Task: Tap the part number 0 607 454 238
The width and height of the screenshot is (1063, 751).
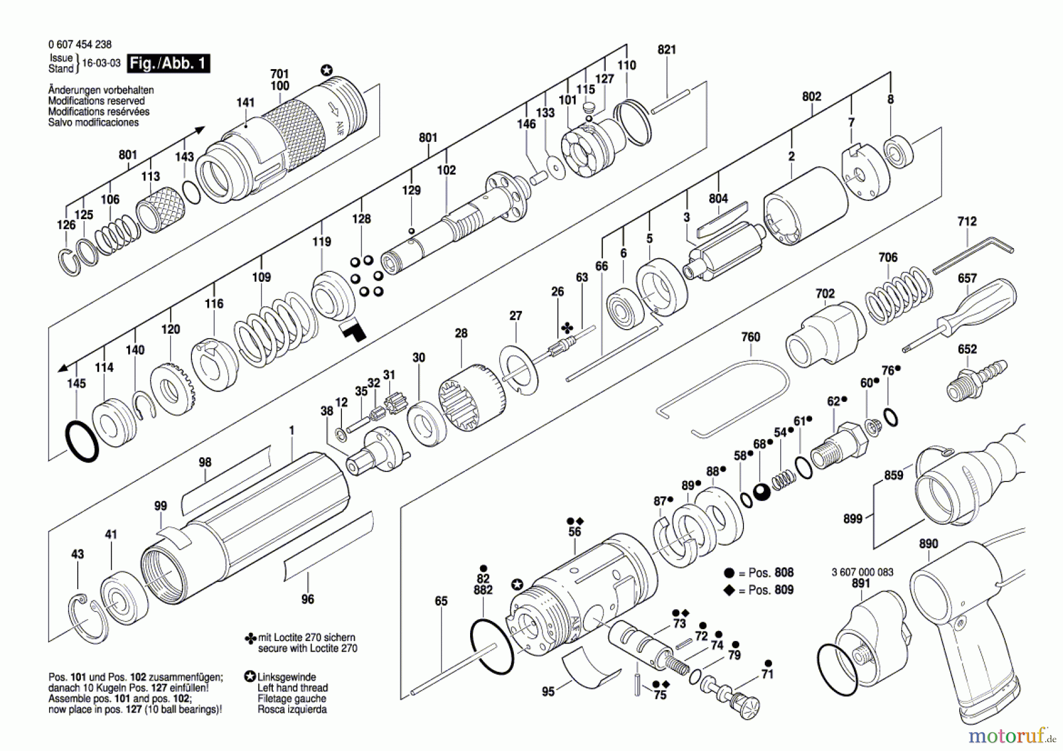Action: coord(80,44)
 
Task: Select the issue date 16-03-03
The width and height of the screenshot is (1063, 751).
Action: coord(101,63)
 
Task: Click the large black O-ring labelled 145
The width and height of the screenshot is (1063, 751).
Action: coord(81,441)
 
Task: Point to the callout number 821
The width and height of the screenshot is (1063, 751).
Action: coord(667,50)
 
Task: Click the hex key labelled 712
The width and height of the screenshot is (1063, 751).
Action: coord(973,254)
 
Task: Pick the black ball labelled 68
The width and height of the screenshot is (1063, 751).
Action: coord(762,492)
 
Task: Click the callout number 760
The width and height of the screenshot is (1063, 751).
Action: coord(751,337)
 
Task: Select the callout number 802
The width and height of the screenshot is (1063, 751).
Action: coord(811,96)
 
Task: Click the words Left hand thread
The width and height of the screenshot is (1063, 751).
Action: coord(292,688)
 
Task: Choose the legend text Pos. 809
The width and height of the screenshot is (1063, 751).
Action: coord(771,590)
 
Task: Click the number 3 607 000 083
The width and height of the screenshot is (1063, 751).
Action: coord(862,572)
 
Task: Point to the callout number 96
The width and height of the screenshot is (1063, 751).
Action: coord(308,599)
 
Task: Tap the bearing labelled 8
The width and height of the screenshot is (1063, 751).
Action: coord(898,152)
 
